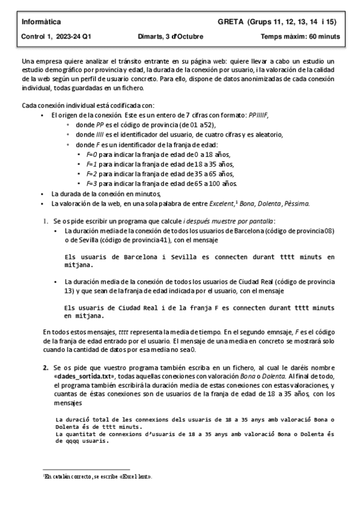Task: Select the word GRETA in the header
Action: tap(231, 22)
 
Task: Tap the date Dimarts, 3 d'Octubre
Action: tap(170, 37)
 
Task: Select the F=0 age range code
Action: tap(91, 155)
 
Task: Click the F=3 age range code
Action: tap(91, 183)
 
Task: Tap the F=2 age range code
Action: tap(91, 174)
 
